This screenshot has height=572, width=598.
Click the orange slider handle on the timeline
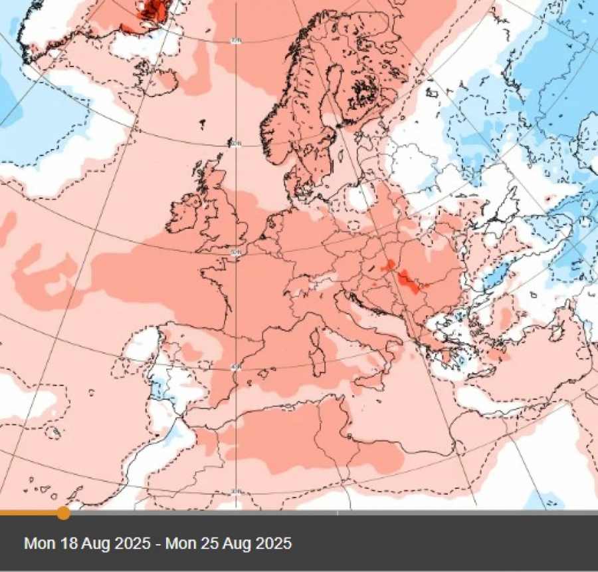click(63, 513)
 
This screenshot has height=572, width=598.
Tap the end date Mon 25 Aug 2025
click(229, 543)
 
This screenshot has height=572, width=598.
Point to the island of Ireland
click(184, 213)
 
